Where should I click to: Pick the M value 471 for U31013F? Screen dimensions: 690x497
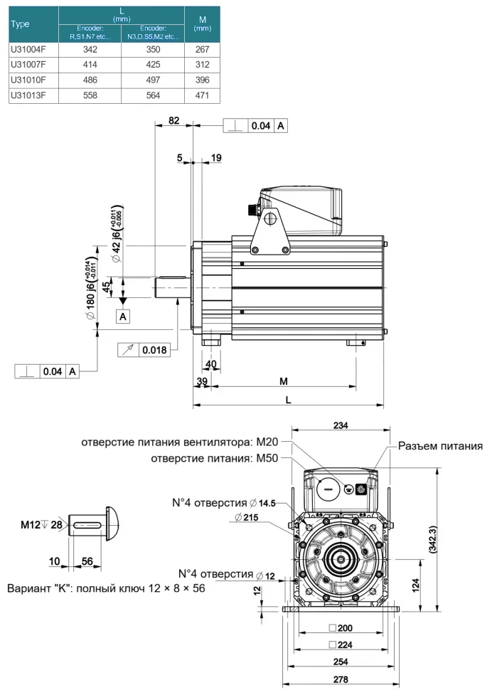click(x=201, y=95)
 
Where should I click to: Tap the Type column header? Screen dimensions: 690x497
click(x=21, y=23)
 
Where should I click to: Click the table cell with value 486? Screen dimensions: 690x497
click(x=90, y=80)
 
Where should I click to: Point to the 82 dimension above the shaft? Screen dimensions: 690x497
click(x=173, y=121)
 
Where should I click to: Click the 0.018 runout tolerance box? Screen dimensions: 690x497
click(x=154, y=350)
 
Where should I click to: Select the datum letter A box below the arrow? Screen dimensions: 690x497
click(x=124, y=316)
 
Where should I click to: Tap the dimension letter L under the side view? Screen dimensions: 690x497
click(x=288, y=400)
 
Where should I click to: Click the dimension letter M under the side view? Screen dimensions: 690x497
click(x=284, y=381)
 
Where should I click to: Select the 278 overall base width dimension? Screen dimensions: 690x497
click(x=341, y=679)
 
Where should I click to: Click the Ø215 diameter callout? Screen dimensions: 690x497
click(x=245, y=517)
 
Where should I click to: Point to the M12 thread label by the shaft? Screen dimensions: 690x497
click(x=32, y=525)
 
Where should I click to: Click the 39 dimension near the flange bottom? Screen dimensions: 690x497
click(x=202, y=381)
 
